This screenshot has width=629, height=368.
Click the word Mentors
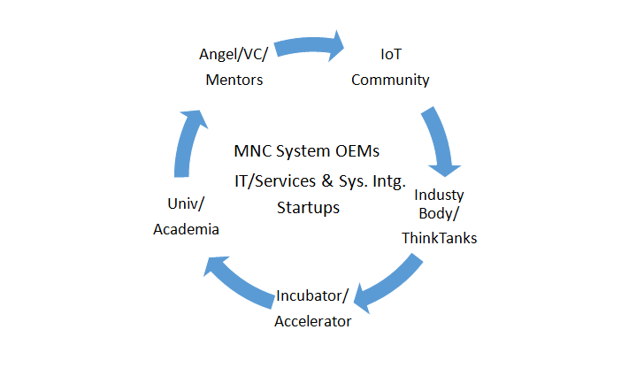[x=234, y=80]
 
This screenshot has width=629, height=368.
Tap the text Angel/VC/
[x=234, y=54]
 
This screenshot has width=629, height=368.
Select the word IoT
[x=391, y=54]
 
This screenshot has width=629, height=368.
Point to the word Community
[x=390, y=80]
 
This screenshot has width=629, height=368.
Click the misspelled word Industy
[x=439, y=195]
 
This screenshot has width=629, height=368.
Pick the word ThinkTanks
[x=440, y=238]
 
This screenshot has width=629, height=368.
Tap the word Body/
[x=439, y=213]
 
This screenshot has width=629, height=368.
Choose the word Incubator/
[x=312, y=295]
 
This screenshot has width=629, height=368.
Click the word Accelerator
[x=313, y=321]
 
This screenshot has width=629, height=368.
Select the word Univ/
[x=186, y=203]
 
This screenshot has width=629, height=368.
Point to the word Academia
[x=186, y=229]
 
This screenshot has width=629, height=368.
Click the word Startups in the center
[x=308, y=208]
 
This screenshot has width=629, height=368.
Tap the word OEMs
[x=357, y=151]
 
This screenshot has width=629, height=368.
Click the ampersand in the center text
[x=327, y=180]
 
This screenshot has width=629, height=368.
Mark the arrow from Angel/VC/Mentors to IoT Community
[x=309, y=45]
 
